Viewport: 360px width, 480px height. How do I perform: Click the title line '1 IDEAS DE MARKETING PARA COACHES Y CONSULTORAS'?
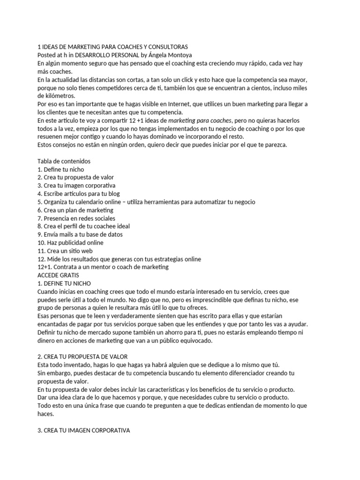coord(112,47)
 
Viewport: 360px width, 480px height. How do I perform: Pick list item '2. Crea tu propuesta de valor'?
coord(75,177)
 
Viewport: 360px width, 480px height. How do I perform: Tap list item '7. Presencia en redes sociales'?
coord(76,218)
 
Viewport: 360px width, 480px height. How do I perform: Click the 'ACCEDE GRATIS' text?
coord(58,275)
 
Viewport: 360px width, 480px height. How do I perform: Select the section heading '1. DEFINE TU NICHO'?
coord(64,283)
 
